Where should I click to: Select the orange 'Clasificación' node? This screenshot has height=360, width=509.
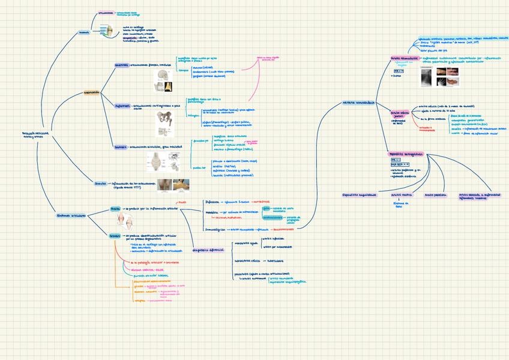point(91,93)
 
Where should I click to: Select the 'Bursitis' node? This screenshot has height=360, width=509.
point(100,184)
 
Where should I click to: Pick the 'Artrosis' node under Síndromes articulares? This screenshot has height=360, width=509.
point(115,236)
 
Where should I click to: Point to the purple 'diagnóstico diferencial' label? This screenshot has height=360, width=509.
point(208,250)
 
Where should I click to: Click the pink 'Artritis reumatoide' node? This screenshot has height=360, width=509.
point(403,58)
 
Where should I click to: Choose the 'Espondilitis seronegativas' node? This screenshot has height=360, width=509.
point(406,154)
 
